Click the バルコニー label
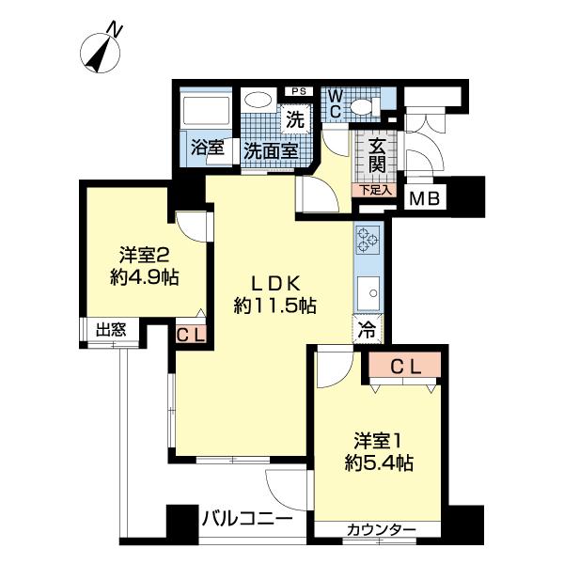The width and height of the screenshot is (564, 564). pos(247,518)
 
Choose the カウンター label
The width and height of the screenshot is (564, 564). pos(381,532)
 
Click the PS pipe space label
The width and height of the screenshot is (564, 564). pos(299,91)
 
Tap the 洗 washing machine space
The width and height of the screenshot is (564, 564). pos(295,119)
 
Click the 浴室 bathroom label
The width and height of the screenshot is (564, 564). pos(207,149)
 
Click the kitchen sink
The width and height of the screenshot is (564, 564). pos(367,291)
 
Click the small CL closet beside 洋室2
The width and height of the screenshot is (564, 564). pos(190,333)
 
